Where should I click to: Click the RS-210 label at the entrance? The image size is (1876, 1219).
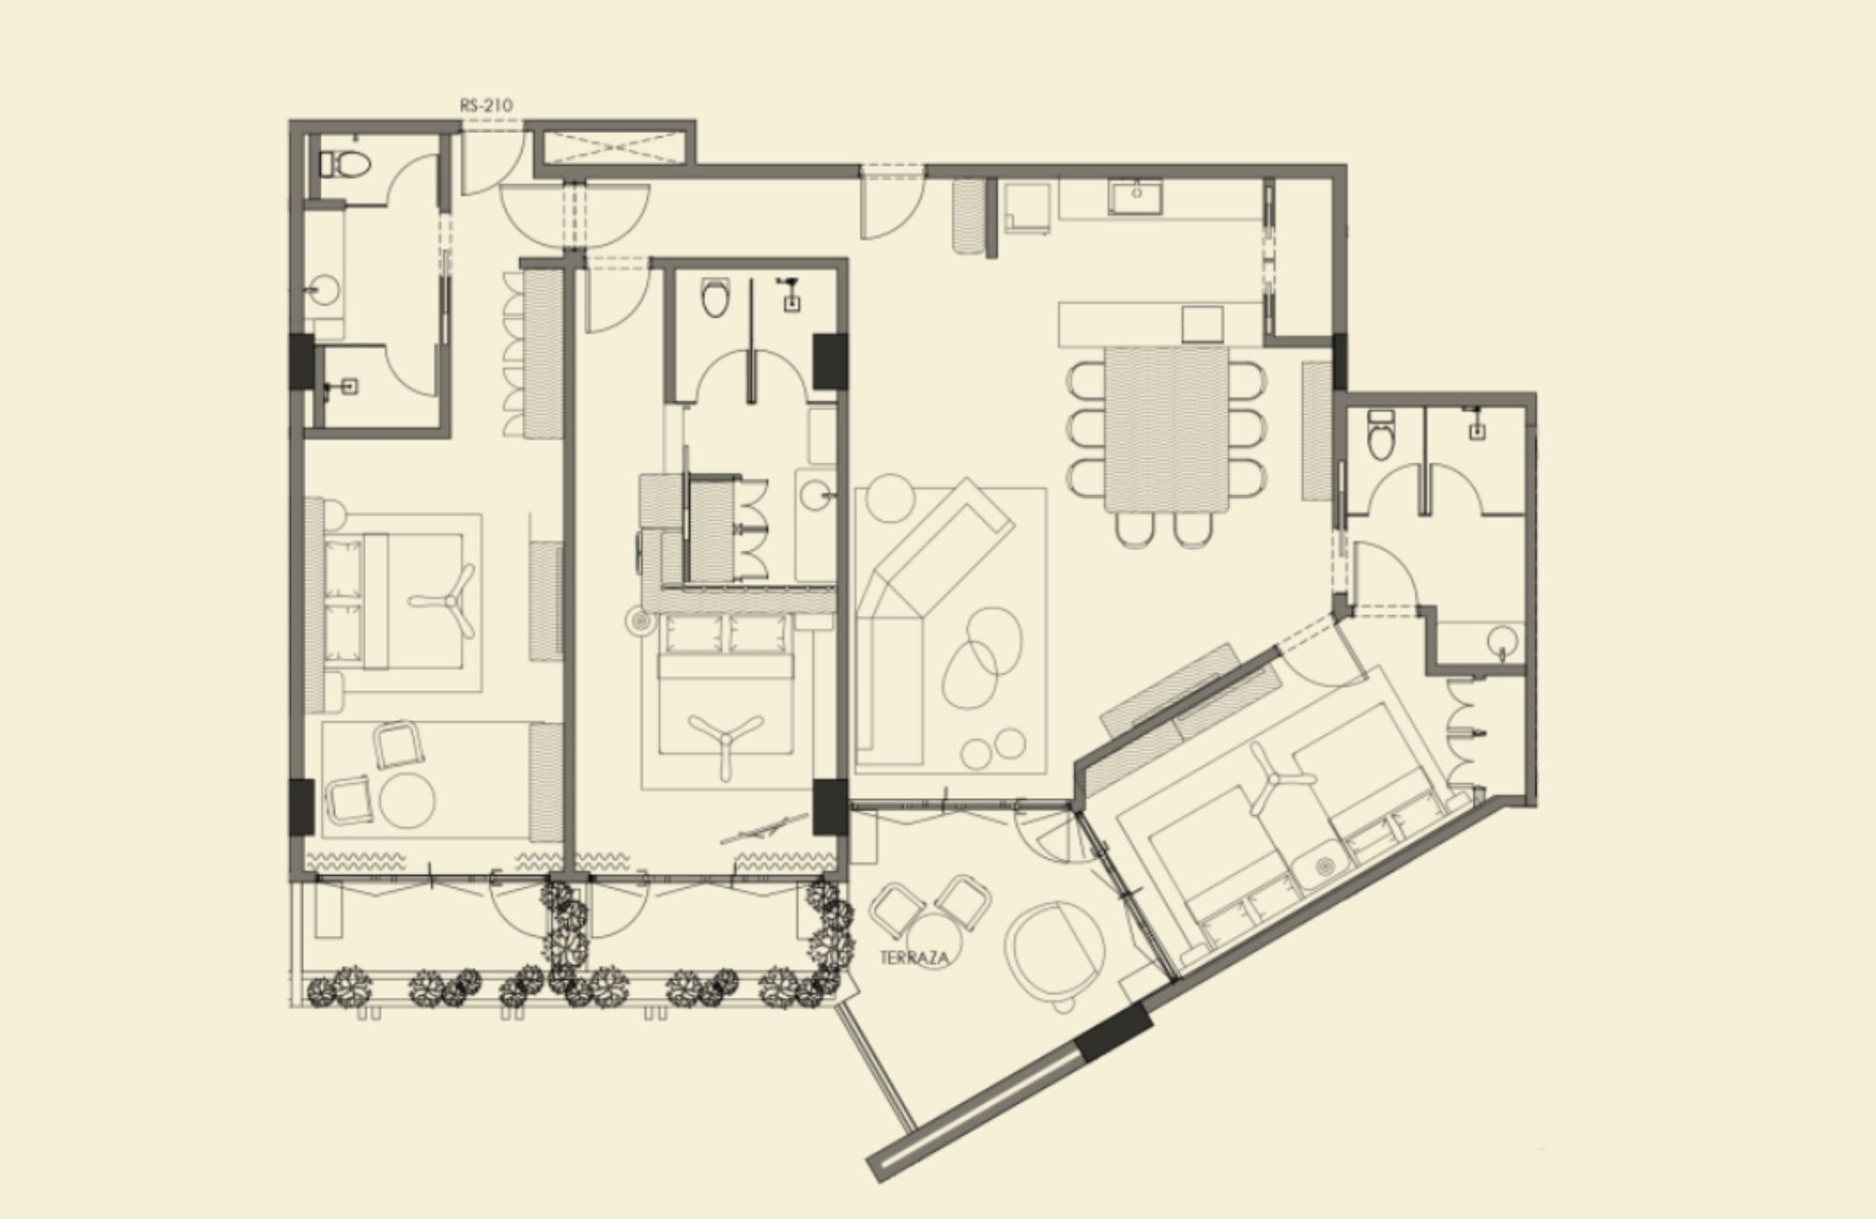486,105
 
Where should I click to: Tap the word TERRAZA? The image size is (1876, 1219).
915,958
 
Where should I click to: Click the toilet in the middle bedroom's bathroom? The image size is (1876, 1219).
716,297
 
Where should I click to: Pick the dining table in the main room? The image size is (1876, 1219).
1165,428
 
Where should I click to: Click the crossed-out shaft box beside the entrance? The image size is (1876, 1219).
615,147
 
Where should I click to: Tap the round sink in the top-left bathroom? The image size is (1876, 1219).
325,290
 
